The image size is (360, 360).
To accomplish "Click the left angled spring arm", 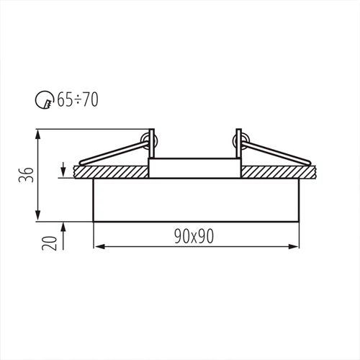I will [112, 153].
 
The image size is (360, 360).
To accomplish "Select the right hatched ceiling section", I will [281, 172].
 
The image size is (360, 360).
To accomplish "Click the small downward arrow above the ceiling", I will [66, 163].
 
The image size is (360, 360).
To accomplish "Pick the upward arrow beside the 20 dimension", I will [66, 229].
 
